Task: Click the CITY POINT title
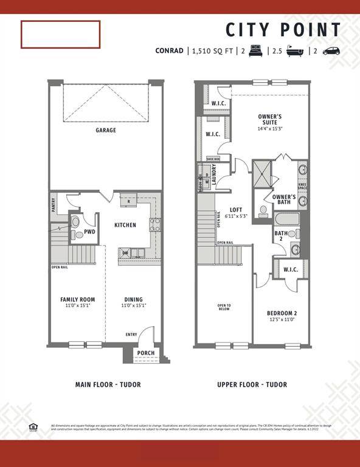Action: tap(283, 30)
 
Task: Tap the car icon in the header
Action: tap(331, 51)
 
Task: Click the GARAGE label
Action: tap(105, 130)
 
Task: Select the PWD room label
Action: tap(89, 232)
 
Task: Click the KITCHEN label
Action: tap(125, 225)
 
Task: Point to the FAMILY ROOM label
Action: tap(78, 299)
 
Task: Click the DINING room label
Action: tap(133, 299)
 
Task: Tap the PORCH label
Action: tap(145, 353)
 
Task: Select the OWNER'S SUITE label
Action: tap(269, 119)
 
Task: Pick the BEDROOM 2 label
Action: tap(282, 314)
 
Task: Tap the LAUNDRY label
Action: tap(214, 175)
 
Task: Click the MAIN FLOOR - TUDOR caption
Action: tap(105, 384)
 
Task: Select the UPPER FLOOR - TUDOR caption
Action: tap(252, 384)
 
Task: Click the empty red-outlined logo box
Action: tap(60, 34)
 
